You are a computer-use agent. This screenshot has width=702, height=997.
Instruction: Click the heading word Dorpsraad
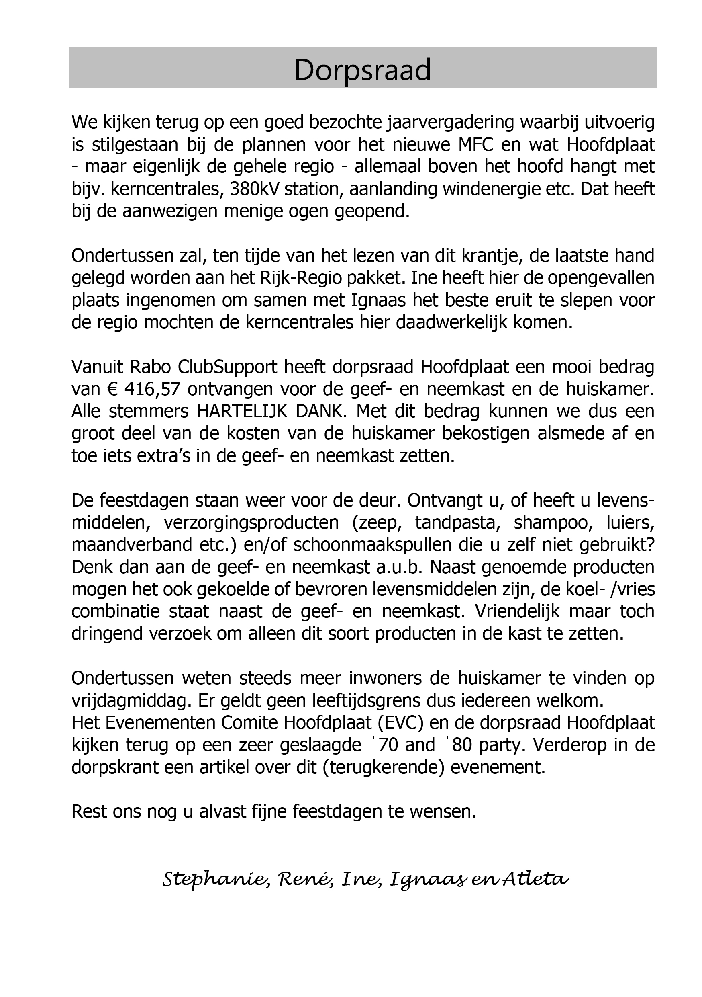[x=363, y=70]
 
